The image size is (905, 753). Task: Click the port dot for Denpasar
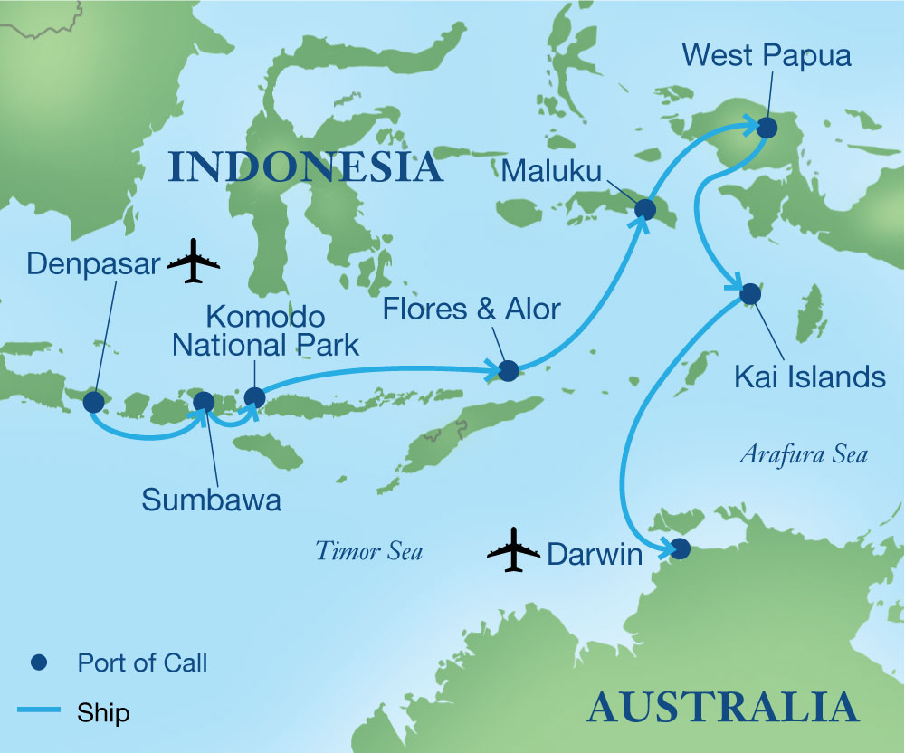93,403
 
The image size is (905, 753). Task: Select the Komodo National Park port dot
255,397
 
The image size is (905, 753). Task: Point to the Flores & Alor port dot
509,370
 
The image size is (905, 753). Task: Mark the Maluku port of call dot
645,210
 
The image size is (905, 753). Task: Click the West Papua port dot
767,128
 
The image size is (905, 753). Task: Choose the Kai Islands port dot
750,294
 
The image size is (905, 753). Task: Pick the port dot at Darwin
681,548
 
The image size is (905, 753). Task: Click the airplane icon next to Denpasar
195,262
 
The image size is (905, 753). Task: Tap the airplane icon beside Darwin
513,549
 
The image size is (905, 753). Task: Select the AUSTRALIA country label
721,706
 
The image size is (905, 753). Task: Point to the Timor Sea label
369,550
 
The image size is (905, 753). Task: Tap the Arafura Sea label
803,454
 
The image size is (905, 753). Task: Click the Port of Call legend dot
40,663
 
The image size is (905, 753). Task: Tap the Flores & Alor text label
472,308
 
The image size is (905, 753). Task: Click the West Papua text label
767,55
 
